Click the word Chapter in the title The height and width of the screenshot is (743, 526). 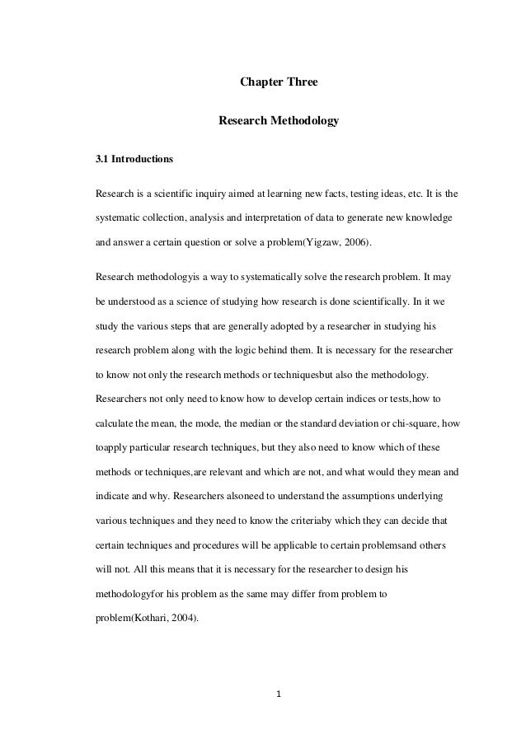click(258, 83)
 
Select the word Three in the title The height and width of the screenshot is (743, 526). click(300, 83)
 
